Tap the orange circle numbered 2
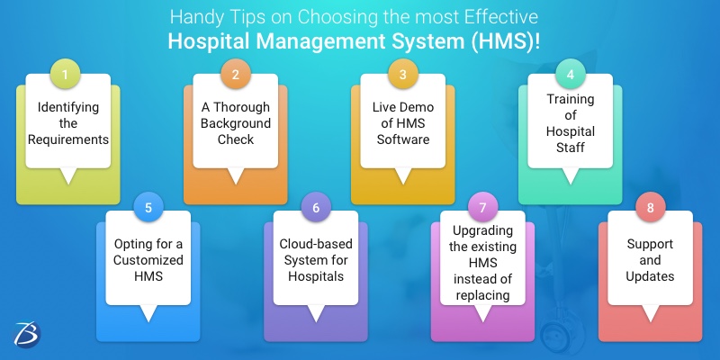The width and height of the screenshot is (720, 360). click(235, 75)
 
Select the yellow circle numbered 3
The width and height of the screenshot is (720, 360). click(403, 75)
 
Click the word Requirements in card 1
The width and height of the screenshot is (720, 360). click(68, 139)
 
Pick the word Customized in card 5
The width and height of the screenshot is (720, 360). click(148, 260)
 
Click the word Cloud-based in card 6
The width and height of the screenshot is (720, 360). click(316, 244)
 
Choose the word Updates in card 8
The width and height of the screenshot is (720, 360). click(650, 276)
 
